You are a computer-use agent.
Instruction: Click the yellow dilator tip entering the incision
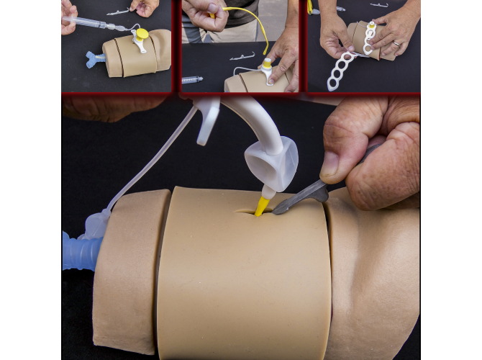[262, 206]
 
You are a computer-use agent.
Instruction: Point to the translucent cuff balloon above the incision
[271, 163]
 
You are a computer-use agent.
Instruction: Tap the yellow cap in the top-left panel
[142, 34]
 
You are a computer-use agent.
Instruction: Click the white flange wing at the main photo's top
[206, 116]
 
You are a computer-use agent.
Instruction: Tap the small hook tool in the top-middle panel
[242, 56]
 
